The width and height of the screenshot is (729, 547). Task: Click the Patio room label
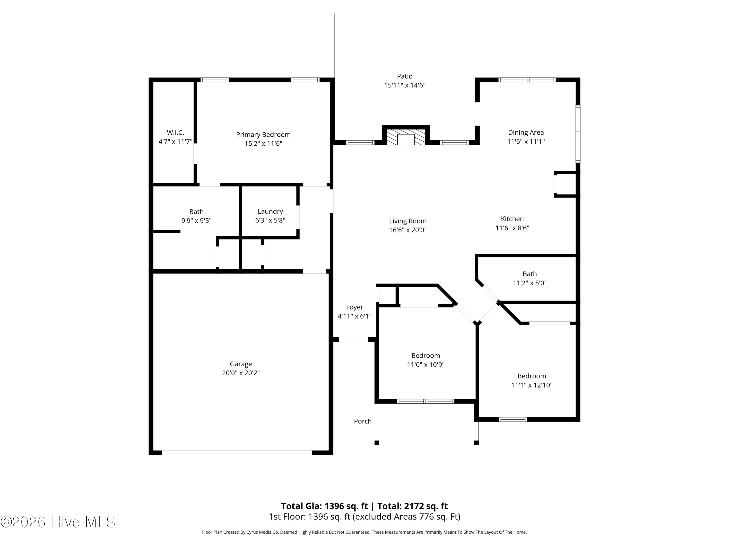coord(404,76)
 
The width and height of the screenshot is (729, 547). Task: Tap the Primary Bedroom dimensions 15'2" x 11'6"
coord(263,143)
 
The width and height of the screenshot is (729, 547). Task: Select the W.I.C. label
coord(175,132)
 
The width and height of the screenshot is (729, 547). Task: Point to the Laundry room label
coord(270,211)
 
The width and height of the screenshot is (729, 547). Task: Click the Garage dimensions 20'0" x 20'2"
coord(241,373)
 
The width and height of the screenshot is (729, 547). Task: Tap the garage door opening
coord(237,453)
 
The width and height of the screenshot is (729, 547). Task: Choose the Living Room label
coord(408,221)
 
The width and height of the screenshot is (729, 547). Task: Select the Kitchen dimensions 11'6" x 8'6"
coord(512,228)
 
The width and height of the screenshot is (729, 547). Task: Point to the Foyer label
coord(355,307)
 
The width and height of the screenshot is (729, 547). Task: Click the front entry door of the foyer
coord(353,339)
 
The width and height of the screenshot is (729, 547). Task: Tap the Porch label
coord(363,421)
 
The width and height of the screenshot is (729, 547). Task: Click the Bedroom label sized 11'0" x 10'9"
coord(425,355)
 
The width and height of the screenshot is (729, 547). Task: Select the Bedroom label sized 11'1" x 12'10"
coord(532,376)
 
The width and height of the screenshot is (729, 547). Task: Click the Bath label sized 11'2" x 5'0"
coord(529,274)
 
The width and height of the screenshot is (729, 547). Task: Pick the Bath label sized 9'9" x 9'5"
coord(196,212)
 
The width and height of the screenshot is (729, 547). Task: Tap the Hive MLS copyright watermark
coord(58,522)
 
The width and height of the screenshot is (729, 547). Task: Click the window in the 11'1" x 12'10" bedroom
coord(513,419)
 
